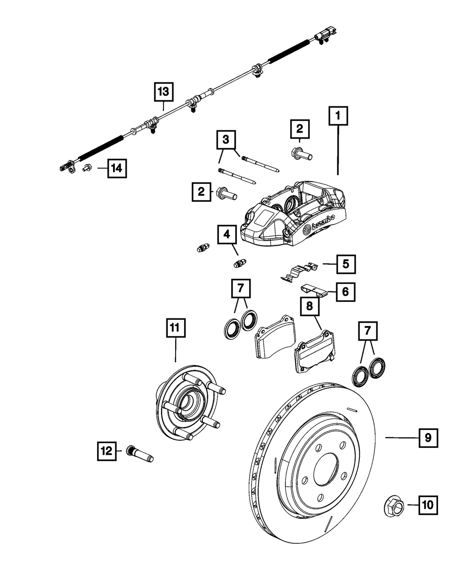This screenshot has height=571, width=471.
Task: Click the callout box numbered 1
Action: (x=339, y=116)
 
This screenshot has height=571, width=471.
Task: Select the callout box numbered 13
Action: (x=163, y=92)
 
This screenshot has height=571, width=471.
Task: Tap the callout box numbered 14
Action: (x=117, y=167)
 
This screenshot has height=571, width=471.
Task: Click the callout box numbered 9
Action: (x=428, y=437)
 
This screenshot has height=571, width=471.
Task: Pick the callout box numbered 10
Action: (x=427, y=505)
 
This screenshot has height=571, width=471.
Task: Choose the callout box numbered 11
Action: (x=175, y=328)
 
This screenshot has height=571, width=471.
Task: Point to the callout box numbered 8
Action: (x=309, y=306)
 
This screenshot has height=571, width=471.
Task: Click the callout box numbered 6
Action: (x=345, y=292)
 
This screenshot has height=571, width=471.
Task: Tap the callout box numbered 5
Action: (x=346, y=264)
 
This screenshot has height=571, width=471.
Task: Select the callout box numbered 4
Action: (x=227, y=233)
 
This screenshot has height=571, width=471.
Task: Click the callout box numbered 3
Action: (x=227, y=139)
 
